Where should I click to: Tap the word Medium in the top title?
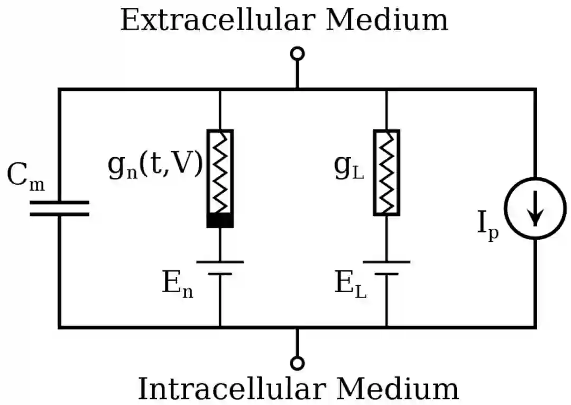point(387,20)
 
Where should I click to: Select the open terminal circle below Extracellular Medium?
point(298,53)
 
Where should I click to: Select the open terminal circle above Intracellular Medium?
point(298,363)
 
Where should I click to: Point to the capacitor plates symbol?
point(59,208)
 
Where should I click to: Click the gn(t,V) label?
point(155,166)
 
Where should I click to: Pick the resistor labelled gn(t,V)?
point(220,172)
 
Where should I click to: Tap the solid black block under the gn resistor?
point(220,220)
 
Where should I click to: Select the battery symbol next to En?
point(220,268)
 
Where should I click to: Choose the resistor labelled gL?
point(386,173)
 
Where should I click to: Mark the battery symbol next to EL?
point(386,268)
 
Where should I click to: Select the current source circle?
point(535,208)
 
